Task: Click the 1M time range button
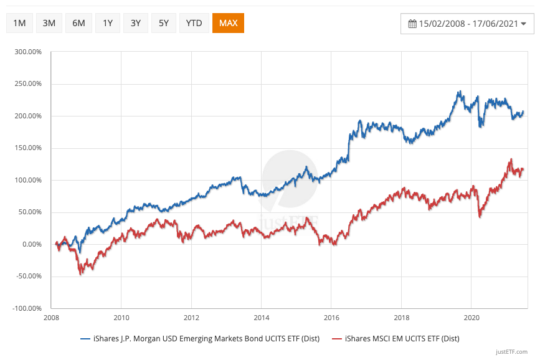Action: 19,23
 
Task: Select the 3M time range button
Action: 49,23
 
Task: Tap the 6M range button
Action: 78,23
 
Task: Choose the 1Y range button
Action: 108,23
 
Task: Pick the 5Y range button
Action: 164,23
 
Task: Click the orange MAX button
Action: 228,23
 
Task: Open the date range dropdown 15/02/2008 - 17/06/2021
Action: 467,24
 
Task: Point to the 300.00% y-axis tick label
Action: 27,52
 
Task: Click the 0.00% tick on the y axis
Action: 31,244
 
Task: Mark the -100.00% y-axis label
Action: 26,308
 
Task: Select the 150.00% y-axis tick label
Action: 27,148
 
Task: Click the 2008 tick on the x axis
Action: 51,316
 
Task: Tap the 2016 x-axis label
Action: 331,316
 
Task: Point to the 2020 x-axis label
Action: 472,316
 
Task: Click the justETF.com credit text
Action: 513,351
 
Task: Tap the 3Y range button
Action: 136,23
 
